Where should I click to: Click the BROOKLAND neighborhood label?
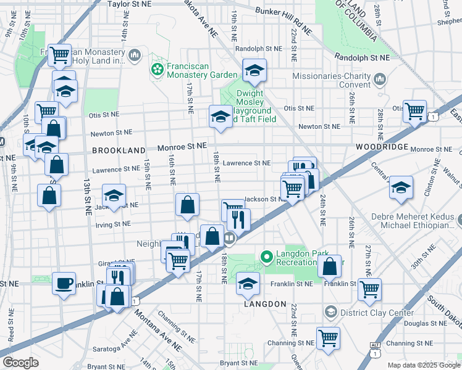click(119, 150)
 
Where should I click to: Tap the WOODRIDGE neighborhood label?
click(382, 147)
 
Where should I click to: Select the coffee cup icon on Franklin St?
click(64, 283)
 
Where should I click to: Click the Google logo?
click(20, 363)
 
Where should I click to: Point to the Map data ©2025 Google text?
click(422, 365)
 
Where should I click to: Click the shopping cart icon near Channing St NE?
click(328, 337)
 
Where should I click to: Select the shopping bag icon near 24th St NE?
click(330, 266)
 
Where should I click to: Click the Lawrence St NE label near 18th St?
click(247, 163)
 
